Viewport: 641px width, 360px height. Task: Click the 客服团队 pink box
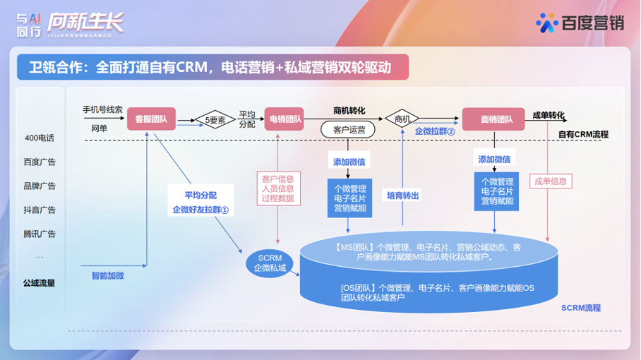pos(150,119)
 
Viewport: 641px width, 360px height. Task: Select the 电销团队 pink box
pos(284,119)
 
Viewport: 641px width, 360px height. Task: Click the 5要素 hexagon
pos(215,120)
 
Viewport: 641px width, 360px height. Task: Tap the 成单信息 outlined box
pos(551,181)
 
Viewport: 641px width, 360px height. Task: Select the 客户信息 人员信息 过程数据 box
pos(277,188)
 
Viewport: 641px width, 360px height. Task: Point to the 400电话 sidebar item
pos(40,138)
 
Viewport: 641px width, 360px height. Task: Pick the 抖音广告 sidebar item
pos(40,210)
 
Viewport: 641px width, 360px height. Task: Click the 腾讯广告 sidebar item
pos(40,234)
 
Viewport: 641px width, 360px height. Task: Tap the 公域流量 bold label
pos(40,283)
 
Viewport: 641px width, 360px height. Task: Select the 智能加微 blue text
pos(108,275)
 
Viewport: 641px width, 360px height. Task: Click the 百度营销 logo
pos(579,23)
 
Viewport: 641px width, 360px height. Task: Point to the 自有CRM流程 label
pos(583,134)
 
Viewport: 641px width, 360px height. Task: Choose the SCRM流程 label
pos(581,308)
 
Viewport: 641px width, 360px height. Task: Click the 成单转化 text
pos(549,115)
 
